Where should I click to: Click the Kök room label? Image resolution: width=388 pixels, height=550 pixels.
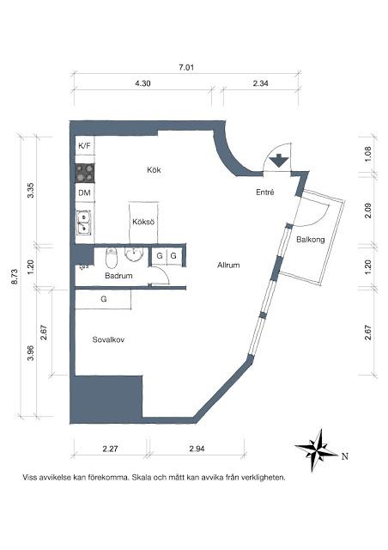pyautogui.click(x=154, y=170)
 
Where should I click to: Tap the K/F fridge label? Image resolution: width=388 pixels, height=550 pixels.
pyautogui.click(x=84, y=147)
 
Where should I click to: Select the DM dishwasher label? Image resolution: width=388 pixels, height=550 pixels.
pyautogui.click(x=84, y=192)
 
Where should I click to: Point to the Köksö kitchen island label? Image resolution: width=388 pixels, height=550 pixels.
pyautogui.click(x=142, y=222)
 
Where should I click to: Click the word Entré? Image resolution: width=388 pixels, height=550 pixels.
pyautogui.click(x=264, y=192)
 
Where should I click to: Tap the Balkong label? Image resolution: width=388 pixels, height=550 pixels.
pyautogui.click(x=310, y=240)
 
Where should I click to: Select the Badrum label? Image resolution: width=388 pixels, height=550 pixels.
pyautogui.click(x=118, y=277)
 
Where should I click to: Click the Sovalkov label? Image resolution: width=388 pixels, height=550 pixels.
pyautogui.click(x=109, y=339)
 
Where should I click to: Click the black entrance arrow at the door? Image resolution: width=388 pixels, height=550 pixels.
pyautogui.click(x=279, y=159)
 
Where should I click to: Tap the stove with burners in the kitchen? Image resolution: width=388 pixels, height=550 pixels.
pyautogui.click(x=85, y=170)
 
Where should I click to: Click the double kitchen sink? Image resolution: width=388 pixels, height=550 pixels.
pyautogui.click(x=85, y=223)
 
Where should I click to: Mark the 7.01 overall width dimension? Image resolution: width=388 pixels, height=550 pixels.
pyautogui.click(x=186, y=67)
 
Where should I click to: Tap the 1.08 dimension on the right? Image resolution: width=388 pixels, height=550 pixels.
pyautogui.click(x=368, y=155)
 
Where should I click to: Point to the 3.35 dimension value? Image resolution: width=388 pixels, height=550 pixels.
pyautogui.click(x=31, y=191)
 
